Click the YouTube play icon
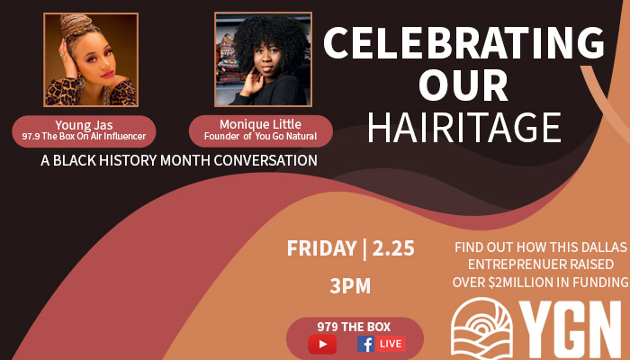click(322, 344)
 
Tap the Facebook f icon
click(365, 344)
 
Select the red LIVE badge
click(391, 344)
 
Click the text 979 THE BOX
click(354, 327)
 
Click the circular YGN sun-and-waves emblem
click(482, 328)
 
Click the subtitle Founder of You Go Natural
click(260, 137)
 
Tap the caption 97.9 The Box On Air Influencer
click(85, 137)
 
